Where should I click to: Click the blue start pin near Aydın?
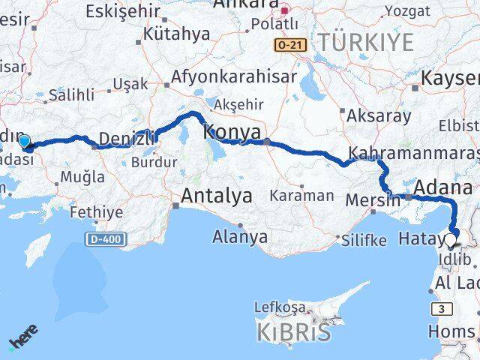(24, 141)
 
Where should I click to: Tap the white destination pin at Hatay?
(450, 241)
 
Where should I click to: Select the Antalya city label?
(217, 197)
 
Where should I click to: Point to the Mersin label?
(373, 200)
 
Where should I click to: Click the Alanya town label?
(240, 237)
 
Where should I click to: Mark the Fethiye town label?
(96, 212)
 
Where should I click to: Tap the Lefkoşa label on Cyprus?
(280, 307)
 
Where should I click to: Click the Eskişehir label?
(123, 11)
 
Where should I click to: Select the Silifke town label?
(364, 241)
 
